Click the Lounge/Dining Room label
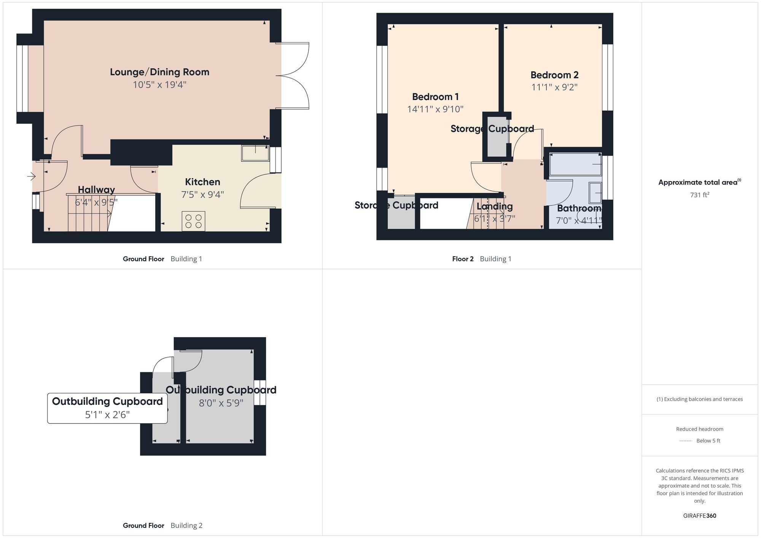pyautogui.click(x=159, y=72)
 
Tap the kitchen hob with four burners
pyautogui.click(x=193, y=221)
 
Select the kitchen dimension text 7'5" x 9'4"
pyautogui.click(x=202, y=194)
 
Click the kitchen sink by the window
pyautogui.click(x=255, y=153)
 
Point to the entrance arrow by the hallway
pyautogui.click(x=31, y=176)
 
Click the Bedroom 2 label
pyautogui.click(x=554, y=75)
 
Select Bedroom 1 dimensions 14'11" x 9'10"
pyautogui.click(x=435, y=109)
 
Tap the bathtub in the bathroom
pyautogui.click(x=575, y=164)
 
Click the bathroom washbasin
pyautogui.click(x=595, y=193)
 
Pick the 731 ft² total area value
pyautogui.click(x=699, y=195)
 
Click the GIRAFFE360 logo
pyautogui.click(x=699, y=516)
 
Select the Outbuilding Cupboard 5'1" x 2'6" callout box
pyautogui.click(x=107, y=408)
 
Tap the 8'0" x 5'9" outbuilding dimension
pyautogui.click(x=221, y=403)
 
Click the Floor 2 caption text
pyautogui.click(x=463, y=259)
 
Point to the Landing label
pyautogui.click(x=495, y=207)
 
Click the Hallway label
pyautogui.click(x=96, y=189)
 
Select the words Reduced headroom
pyautogui.click(x=699, y=429)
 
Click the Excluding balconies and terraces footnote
pyautogui.click(x=699, y=399)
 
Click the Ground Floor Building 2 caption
pyautogui.click(x=162, y=525)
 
